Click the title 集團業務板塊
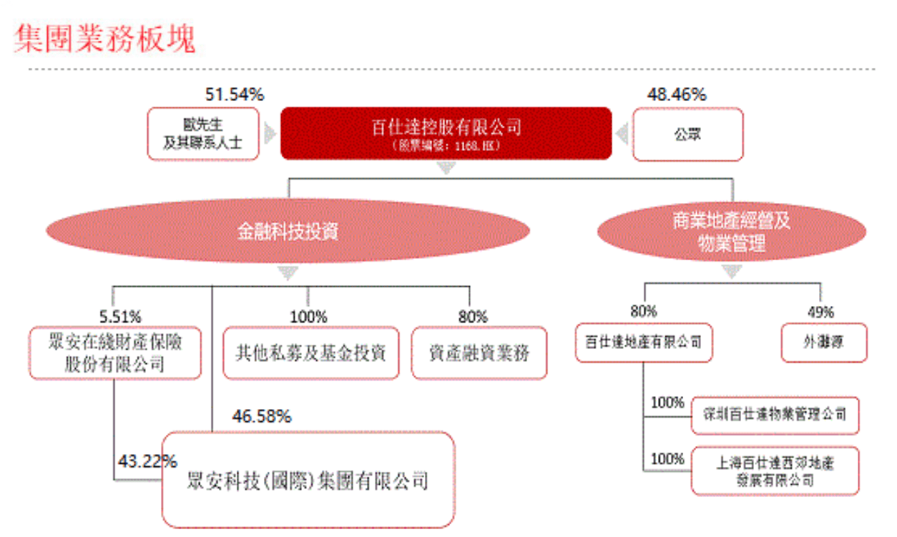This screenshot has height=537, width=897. pos(104,39)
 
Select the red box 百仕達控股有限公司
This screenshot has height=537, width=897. pos(446,134)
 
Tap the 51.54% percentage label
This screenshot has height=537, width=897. pos(235,94)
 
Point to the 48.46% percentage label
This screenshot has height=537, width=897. pos(676,94)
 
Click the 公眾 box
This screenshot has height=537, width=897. pos(687,134)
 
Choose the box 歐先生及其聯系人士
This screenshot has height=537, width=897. pos(202,134)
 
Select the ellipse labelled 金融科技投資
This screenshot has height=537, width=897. pos(288,231)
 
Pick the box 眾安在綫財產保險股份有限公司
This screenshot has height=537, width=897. pos(115,353)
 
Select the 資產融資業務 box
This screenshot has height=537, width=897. pos(479,353)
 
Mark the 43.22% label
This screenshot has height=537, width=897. pos(147,461)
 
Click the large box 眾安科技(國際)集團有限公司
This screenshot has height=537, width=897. pos(308,480)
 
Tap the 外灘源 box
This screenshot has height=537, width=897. pos(823,343)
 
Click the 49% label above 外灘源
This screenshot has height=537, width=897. pos(820,312)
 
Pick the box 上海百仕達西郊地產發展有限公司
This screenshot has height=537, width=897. pos(775,471)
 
